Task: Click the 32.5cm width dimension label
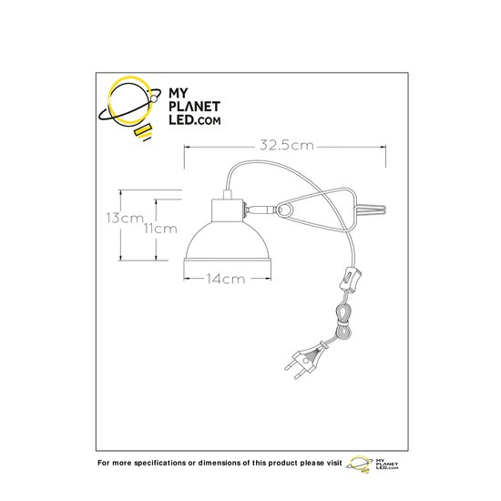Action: tap(287, 146)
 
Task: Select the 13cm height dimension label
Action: tap(125, 219)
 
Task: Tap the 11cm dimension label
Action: tap(159, 229)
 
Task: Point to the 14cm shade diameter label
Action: tap(225, 279)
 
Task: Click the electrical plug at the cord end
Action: tap(306, 359)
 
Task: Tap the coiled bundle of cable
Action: tap(343, 321)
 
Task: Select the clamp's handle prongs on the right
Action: tap(372, 210)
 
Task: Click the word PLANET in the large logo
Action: tap(194, 107)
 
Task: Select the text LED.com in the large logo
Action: tap(194, 120)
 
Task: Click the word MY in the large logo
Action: tap(179, 93)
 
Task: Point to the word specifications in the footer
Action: tap(159, 464)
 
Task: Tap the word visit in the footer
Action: tap(333, 463)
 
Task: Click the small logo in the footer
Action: tap(373, 464)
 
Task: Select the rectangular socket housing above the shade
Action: tap(228, 210)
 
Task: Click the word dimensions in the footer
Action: tap(220, 463)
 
